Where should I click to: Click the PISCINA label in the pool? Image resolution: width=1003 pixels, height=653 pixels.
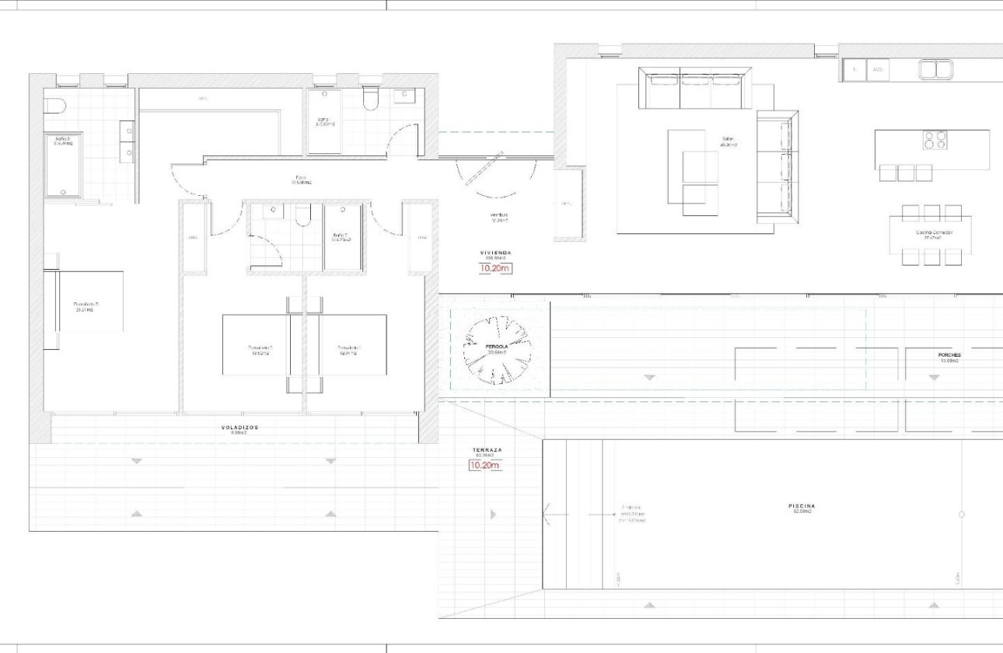(x=802, y=506)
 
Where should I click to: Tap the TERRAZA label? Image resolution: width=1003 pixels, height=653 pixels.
(x=488, y=451)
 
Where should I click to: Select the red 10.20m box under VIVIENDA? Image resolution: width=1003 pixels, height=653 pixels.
(x=495, y=269)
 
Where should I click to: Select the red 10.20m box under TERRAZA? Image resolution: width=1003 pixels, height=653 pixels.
(x=484, y=466)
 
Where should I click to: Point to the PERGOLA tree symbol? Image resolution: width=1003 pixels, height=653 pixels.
(x=497, y=351)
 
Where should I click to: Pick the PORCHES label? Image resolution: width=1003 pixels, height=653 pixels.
(x=949, y=355)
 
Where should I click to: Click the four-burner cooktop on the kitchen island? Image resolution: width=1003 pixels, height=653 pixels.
(x=935, y=141)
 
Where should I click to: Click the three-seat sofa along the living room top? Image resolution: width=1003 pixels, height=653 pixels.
(x=695, y=89)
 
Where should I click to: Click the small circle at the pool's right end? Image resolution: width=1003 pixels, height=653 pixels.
(x=962, y=515)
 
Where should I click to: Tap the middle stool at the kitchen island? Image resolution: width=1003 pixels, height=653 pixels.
(x=906, y=173)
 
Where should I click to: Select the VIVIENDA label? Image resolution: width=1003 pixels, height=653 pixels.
(x=495, y=253)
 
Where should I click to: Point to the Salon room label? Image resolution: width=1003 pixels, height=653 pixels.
(x=728, y=141)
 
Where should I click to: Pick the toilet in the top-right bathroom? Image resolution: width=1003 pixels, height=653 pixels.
(x=371, y=99)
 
